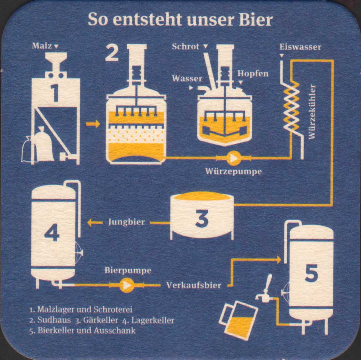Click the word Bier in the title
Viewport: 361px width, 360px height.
256,20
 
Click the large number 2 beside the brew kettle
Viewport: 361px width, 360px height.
112,53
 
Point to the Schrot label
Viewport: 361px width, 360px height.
186,46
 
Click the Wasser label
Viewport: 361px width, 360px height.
187,79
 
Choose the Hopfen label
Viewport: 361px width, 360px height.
253,74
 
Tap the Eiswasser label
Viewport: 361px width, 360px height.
300,47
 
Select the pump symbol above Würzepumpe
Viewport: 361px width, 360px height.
233,158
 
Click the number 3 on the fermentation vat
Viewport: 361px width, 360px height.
202,218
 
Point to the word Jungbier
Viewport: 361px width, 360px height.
126,222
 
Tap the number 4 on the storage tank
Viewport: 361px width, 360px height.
52,232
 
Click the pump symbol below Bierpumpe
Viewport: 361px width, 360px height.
127,285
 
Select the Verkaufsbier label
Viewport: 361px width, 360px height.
194,285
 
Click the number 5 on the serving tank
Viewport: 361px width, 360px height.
311,273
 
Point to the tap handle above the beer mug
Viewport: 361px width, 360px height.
268,283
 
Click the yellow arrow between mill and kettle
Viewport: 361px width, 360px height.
93,124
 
